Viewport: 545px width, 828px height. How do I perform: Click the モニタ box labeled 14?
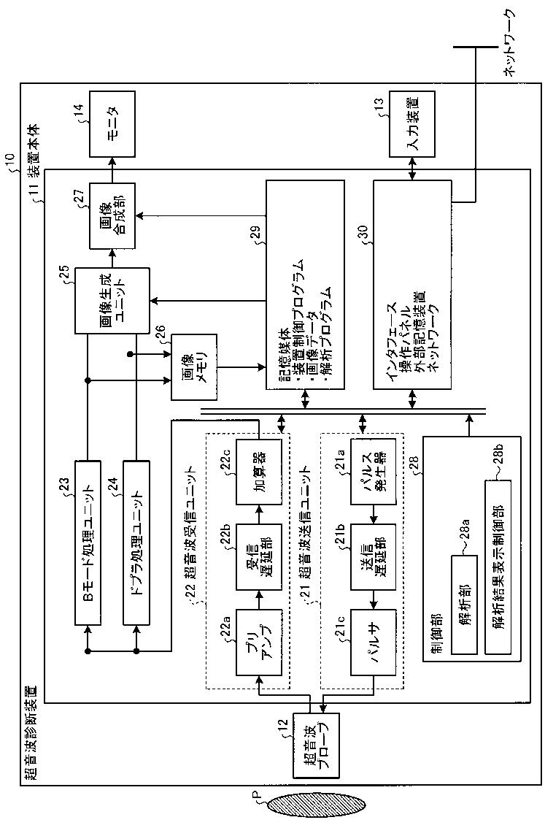pos(112,123)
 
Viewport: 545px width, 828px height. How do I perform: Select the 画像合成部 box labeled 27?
pos(112,215)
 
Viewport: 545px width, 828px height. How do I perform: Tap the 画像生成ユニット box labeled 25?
pos(112,301)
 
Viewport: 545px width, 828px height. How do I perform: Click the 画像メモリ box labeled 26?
pos(193,367)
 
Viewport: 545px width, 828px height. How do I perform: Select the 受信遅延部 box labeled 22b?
pos(259,557)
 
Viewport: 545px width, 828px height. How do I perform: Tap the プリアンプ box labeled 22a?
pos(259,642)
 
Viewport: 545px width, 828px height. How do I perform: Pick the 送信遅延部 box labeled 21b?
pos(374,557)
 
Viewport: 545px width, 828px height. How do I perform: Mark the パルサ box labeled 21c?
pos(374,642)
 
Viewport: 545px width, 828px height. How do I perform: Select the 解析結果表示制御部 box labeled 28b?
pos(498,567)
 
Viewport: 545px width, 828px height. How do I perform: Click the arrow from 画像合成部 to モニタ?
pos(112,169)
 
